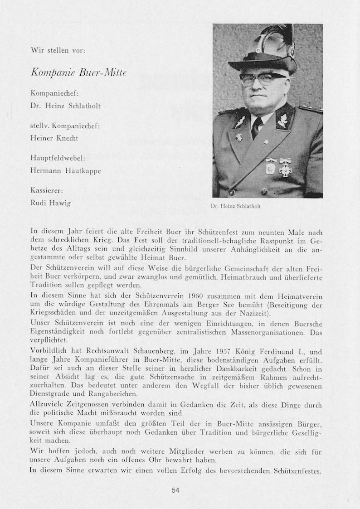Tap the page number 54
point(176,490)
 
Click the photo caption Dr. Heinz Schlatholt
point(236,206)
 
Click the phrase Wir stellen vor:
point(58,50)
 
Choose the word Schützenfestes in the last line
point(297,470)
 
